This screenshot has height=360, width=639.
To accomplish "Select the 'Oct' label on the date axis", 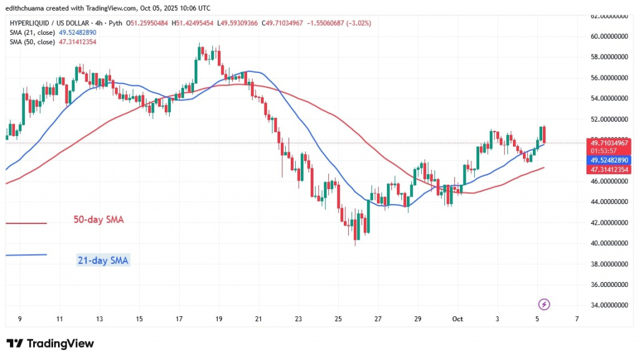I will [457, 319].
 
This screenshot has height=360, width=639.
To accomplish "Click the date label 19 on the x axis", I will [218, 319].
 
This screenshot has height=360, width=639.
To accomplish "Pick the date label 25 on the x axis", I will [338, 319].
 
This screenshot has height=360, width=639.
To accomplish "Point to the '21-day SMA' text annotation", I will [102, 261].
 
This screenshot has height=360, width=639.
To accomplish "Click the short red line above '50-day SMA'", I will [26, 223].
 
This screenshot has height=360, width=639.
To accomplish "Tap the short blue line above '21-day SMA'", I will [26, 255].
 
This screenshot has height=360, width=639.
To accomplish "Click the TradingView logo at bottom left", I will [50, 344].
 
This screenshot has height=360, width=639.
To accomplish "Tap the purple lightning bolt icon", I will [544, 304].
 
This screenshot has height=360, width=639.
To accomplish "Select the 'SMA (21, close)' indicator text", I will [31, 32].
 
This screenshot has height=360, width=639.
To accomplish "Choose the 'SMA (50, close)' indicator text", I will [31, 42].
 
